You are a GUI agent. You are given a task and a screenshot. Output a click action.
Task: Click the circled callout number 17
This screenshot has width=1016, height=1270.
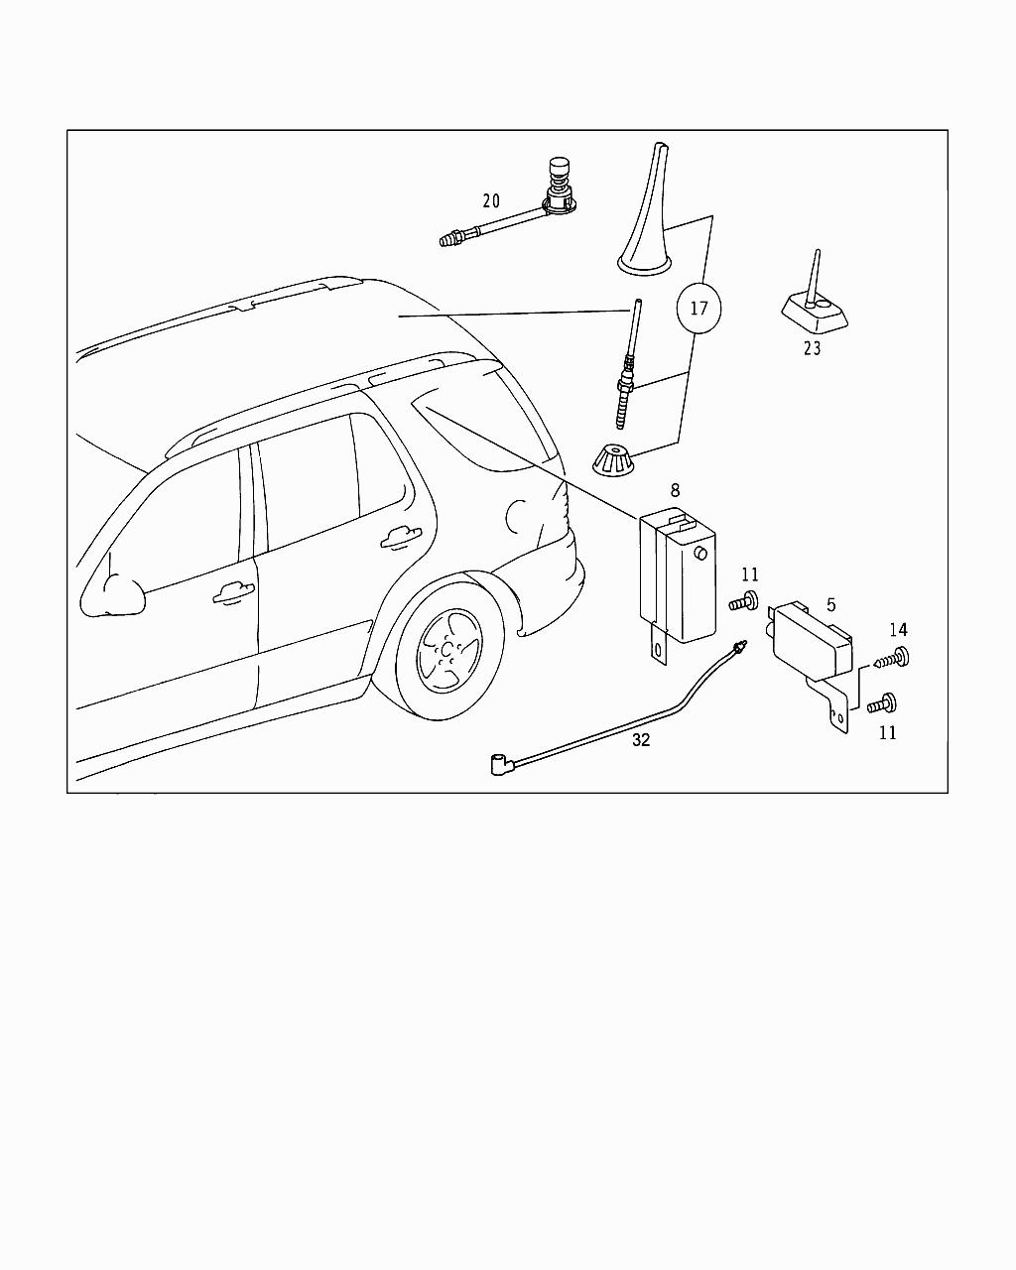point(698,309)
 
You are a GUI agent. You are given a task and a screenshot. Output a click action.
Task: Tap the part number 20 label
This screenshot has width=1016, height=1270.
point(491,201)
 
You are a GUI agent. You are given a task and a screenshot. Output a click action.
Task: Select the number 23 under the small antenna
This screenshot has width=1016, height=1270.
point(813,349)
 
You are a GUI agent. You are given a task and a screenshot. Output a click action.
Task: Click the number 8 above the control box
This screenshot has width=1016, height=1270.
point(676,490)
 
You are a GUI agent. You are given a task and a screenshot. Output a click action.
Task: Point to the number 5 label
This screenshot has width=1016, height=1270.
point(830,605)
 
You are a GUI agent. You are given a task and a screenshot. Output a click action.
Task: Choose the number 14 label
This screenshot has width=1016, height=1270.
point(898,630)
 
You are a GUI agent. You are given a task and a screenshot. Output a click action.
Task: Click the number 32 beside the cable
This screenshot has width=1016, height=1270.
point(641,740)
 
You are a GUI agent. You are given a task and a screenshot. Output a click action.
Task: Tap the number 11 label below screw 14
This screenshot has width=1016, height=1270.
point(887,733)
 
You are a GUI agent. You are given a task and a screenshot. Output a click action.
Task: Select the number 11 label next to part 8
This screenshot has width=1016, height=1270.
point(750,574)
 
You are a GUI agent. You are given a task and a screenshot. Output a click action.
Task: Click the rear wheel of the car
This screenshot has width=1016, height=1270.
point(449,650)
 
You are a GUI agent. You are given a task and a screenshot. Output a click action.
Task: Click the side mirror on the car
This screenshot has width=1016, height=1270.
point(111,595)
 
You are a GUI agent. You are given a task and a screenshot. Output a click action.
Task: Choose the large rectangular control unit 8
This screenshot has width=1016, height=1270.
point(678,575)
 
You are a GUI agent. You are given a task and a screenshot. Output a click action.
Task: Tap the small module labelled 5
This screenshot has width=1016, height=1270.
point(812,643)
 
